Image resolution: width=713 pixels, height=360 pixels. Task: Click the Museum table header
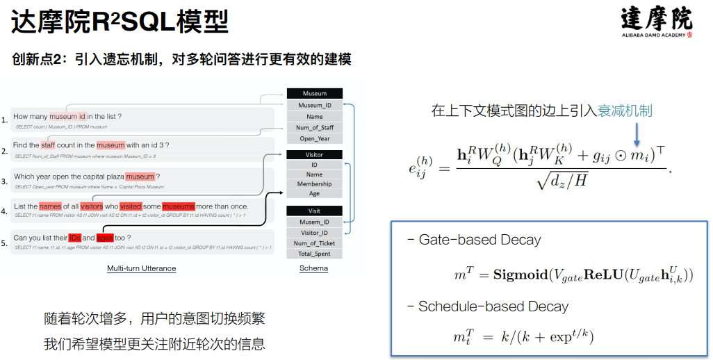coord(314,93)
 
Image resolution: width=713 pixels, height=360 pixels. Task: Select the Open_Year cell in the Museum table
coord(314,138)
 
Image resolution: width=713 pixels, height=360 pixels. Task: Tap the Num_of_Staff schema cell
coord(314,127)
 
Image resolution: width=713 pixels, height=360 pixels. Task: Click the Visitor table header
coord(314,154)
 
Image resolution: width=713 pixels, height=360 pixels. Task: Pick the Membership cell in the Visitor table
coord(314,184)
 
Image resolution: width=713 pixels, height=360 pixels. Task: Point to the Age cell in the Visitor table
coord(314,194)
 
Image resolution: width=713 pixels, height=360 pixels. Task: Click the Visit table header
coord(314,211)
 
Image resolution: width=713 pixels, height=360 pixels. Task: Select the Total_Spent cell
coord(314,254)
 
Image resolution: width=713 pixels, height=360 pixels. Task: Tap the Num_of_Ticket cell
coord(314,243)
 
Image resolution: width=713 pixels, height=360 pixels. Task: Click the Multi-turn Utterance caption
coord(141,268)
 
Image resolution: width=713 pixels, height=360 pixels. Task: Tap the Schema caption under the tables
coord(313,268)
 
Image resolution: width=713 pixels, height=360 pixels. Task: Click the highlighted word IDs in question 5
coord(74,238)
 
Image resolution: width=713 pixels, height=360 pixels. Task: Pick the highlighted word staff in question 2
coord(48,145)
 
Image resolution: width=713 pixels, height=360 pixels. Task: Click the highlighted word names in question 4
coord(50,206)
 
